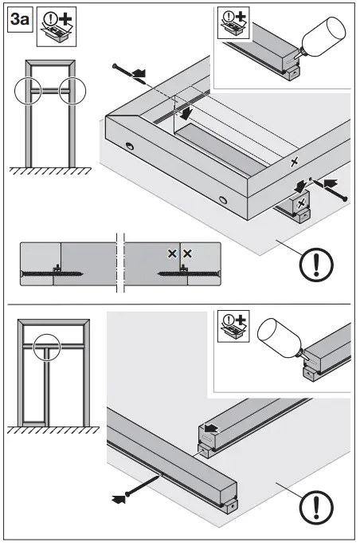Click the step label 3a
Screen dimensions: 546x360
click(19, 20)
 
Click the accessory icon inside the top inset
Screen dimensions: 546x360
click(235, 25)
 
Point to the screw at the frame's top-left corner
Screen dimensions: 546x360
click(124, 69)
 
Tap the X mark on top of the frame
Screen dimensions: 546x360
click(295, 162)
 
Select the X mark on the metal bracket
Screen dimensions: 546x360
click(300, 205)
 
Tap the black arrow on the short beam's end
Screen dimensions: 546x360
click(208, 429)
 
